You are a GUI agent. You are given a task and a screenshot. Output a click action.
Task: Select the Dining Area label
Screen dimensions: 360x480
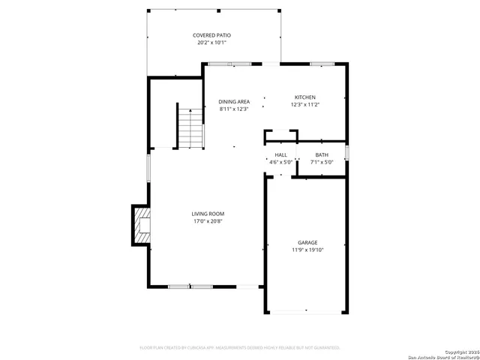pyautogui.click(x=233, y=101)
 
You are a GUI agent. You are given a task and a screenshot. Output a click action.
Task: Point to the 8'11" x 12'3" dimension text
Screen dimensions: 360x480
pyautogui.click(x=233, y=109)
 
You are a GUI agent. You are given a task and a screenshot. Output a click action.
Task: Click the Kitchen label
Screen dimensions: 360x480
pyautogui.click(x=304, y=97)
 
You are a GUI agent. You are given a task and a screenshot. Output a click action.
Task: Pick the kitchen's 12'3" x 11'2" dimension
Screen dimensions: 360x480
pyautogui.click(x=304, y=105)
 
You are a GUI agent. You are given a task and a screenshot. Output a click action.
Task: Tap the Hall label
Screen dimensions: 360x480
pyautogui.click(x=280, y=154)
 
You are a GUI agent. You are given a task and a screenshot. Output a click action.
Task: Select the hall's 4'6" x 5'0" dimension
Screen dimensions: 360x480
pyautogui.click(x=280, y=162)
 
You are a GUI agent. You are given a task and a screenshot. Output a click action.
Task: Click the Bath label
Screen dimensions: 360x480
pyautogui.click(x=321, y=154)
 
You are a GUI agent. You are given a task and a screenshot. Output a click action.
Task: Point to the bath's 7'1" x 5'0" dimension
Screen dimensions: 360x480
pyautogui.click(x=321, y=162)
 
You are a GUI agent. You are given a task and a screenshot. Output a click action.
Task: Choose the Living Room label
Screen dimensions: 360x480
pyautogui.click(x=208, y=214)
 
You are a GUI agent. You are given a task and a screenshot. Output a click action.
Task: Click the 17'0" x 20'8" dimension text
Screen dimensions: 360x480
pyautogui.click(x=208, y=221)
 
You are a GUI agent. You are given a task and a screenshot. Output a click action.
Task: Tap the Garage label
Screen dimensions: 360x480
pyautogui.click(x=307, y=242)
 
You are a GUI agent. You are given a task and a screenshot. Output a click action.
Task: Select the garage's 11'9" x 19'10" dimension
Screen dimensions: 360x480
pyautogui.click(x=307, y=250)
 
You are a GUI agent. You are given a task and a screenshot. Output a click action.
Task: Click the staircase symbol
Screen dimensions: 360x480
pyautogui.click(x=190, y=128)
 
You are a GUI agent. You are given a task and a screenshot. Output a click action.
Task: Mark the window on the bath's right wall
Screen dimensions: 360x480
pyautogui.click(x=346, y=153)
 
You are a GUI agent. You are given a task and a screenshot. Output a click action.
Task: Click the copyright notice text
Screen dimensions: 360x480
pyautogui.click(x=457, y=350)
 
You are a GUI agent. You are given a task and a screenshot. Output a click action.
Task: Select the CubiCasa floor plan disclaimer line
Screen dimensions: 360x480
pyautogui.click(x=240, y=347)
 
